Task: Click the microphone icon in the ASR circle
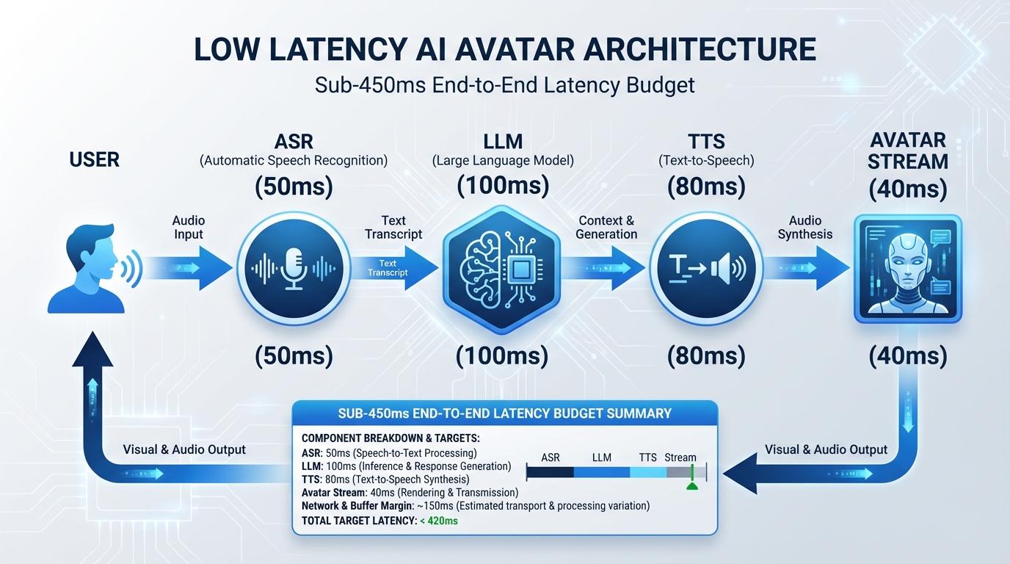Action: pos(294,269)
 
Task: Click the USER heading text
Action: pos(94,159)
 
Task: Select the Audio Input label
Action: pos(189,227)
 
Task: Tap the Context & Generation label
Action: pos(606,227)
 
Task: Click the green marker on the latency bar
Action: pos(691,485)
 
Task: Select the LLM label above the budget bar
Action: pos(601,458)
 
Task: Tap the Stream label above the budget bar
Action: pos(680,458)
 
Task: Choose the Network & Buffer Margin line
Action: pos(475,506)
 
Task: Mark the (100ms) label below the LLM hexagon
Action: pos(502,356)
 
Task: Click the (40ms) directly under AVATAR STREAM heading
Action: pos(908,190)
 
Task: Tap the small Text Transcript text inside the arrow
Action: pos(388,268)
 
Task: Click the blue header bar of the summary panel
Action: pos(504,413)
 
